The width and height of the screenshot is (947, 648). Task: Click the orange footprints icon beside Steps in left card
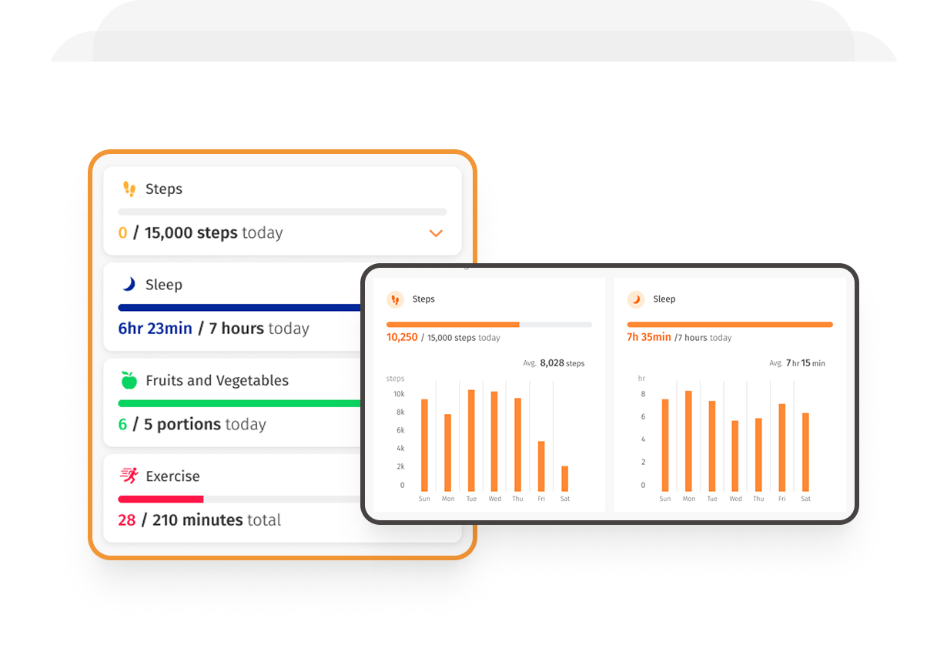coord(129,189)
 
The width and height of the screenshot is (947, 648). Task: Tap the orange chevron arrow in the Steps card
coord(436,233)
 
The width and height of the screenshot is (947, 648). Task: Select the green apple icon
coord(129,380)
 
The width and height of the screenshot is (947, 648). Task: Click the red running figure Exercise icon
coord(129,476)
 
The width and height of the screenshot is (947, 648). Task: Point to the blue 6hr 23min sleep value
coord(155,329)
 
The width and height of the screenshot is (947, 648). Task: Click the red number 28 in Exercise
coord(127,520)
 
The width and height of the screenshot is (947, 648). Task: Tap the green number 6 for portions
coord(122,425)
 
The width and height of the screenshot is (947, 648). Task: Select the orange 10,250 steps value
coord(402,338)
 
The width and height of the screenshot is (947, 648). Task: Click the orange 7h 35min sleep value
coord(648,338)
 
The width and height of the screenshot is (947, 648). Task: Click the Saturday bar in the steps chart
coord(564,479)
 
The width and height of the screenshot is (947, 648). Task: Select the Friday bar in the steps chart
coord(541,466)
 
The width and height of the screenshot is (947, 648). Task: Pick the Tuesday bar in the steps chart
coord(471,441)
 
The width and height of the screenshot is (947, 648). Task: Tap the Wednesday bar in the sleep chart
coord(735,456)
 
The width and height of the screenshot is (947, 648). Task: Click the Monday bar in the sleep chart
coord(688,441)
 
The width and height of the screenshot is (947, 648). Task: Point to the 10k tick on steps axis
coord(399,394)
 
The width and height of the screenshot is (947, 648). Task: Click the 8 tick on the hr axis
coord(643,394)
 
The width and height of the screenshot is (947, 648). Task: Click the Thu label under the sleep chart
coord(758,499)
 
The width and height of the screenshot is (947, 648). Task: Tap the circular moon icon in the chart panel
coord(636,299)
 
